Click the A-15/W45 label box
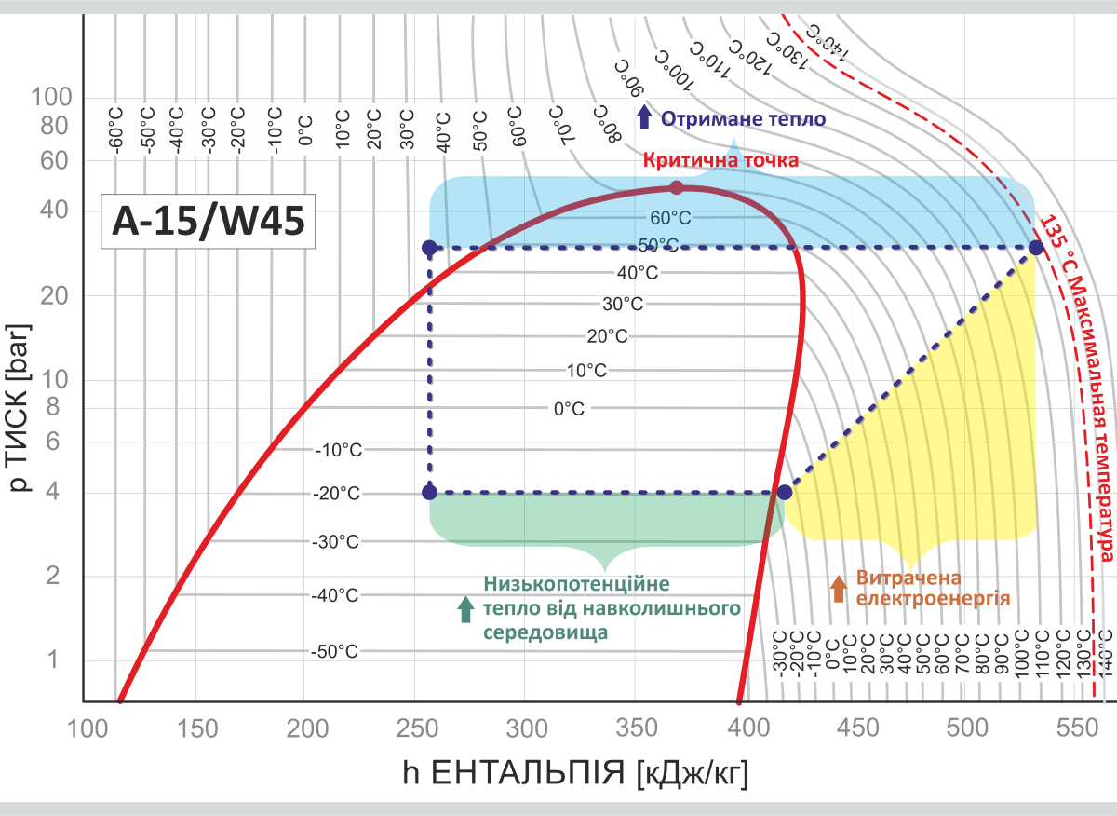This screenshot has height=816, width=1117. tap(208, 222)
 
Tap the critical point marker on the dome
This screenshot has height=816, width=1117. tap(677, 187)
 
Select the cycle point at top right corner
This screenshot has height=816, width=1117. tap(1035, 248)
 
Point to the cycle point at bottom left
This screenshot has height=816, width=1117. tap(429, 492)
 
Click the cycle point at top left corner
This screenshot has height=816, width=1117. tap(429, 248)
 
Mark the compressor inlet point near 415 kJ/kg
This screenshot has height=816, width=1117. tap(784, 492)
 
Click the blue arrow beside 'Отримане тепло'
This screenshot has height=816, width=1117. tap(644, 117)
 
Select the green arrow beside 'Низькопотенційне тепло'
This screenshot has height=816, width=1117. tap(466, 608)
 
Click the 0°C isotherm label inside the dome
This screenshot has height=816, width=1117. tap(569, 409)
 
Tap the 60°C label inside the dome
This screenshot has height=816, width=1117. tap(670, 218)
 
